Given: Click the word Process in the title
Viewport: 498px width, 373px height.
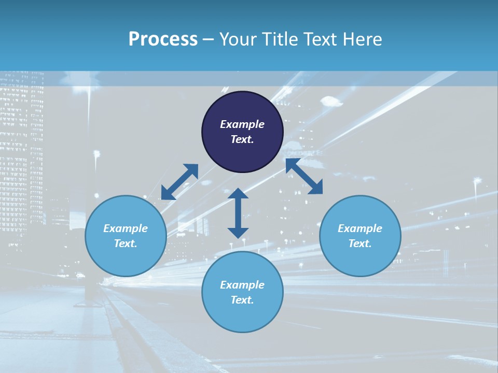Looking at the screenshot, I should pos(163,39).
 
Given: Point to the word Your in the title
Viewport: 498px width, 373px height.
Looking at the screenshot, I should pos(237,39).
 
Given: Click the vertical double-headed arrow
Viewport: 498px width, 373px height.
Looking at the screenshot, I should pos(238,213).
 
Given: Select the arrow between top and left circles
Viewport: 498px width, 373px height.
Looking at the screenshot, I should pos(179,182).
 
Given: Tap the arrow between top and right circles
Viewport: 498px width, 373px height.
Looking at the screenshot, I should pos(304,177).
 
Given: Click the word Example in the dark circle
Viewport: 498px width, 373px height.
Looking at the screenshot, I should pos(242,124).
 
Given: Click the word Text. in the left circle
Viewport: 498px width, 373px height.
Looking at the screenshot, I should pos(126,243).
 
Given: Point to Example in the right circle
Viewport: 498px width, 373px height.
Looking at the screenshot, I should pos(360,228).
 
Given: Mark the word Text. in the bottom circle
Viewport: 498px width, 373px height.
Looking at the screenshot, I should pos(242,300).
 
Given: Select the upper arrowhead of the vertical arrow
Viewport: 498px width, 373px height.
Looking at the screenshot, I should pos(238,194).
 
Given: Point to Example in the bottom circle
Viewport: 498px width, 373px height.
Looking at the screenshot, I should pos(242,285).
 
